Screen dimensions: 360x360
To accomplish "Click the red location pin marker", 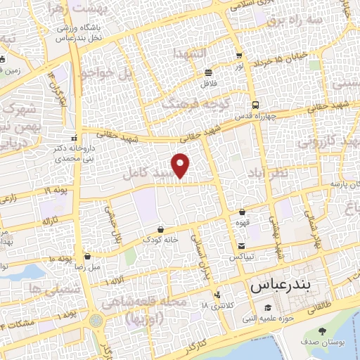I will click(181, 165).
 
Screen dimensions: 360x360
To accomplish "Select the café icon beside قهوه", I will click(243, 212).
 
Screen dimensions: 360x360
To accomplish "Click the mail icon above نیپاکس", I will click(242, 246).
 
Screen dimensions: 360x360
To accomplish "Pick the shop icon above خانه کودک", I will click(161, 229).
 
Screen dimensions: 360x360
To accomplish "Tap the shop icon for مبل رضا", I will click(87, 257).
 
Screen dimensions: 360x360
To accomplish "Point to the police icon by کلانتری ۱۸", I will click(219, 295).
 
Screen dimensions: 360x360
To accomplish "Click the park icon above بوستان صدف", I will click(322, 332).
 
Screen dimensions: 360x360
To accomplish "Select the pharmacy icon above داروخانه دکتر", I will click(75, 137).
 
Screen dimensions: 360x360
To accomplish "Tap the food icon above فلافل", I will click(208, 72).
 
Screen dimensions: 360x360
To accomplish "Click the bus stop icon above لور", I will click(239, 56).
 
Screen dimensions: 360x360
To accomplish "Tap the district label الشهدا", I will click(191, 54).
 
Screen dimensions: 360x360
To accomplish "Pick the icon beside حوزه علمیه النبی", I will click(267, 308).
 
